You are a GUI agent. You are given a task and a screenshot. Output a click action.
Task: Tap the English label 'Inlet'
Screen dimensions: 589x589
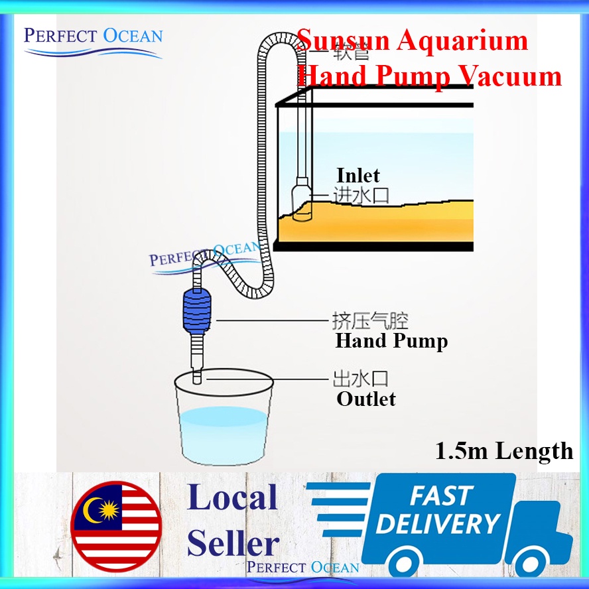click(358, 176)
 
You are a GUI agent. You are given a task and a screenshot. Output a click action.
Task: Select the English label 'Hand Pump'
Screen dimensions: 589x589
click(391, 342)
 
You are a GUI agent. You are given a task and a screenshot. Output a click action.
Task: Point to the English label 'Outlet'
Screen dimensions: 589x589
click(366, 399)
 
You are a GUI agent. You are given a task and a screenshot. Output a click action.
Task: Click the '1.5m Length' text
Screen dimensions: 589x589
click(504, 452)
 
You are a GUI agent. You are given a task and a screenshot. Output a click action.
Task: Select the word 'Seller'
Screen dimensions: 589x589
click(233, 544)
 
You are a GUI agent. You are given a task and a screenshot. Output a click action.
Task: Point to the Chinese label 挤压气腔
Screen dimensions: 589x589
click(370, 322)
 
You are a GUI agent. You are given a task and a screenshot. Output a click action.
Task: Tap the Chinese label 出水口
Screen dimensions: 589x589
click(360, 379)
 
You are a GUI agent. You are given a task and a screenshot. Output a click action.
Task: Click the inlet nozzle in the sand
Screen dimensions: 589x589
click(302, 202)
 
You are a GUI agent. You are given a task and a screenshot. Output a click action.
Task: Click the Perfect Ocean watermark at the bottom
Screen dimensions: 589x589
click(303, 567)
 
